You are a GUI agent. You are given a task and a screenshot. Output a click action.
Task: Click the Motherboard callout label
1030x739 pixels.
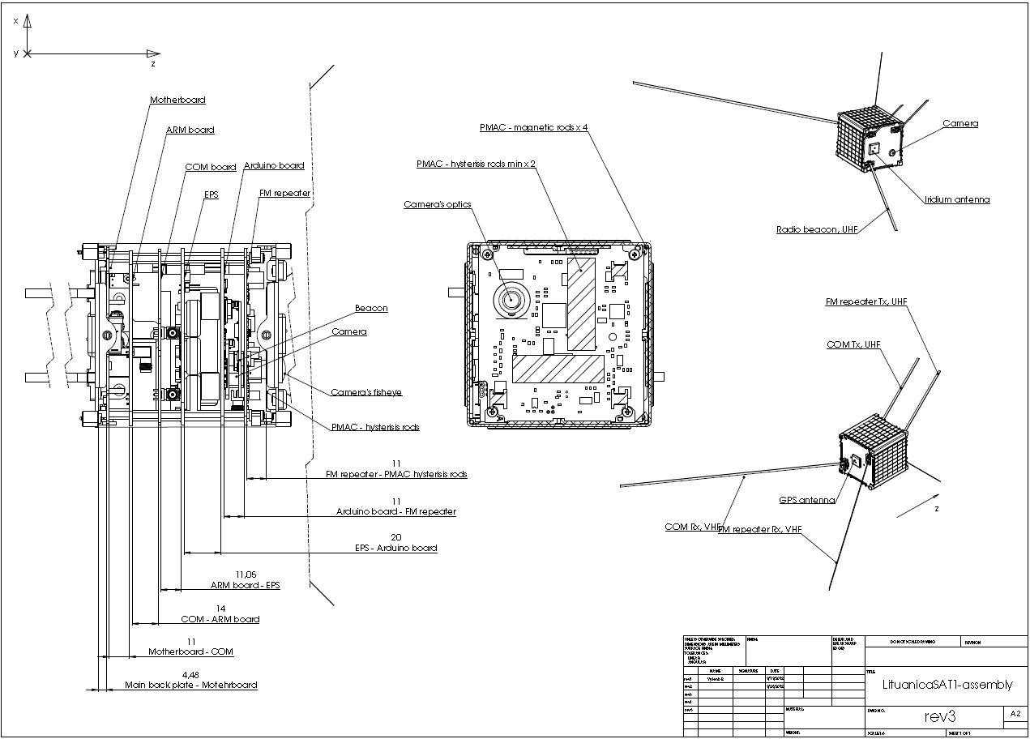[x=177, y=100]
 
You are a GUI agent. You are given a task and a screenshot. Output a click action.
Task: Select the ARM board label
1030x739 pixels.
[x=190, y=130]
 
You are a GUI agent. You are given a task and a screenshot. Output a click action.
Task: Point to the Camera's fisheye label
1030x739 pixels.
[x=366, y=393]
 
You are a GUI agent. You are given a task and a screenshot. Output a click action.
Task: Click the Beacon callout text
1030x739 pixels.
[x=371, y=309]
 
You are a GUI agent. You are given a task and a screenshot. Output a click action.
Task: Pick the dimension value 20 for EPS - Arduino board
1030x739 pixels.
[x=396, y=537]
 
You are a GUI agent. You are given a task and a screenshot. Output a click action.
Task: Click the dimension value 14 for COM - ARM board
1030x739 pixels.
[x=220, y=608]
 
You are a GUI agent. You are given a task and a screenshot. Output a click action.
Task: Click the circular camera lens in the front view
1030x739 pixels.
[x=512, y=301]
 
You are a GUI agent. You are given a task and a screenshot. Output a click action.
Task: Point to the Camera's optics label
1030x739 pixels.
[x=438, y=205]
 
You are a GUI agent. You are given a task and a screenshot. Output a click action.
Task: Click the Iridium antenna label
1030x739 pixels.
[x=957, y=200]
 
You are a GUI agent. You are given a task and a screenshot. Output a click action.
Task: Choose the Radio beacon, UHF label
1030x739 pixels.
[x=817, y=230]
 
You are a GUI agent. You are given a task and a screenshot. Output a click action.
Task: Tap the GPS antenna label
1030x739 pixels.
[x=807, y=501]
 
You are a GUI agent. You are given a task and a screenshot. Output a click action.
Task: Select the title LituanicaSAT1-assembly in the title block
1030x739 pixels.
[x=947, y=685]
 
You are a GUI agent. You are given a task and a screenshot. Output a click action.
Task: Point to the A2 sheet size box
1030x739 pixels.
[x=1015, y=714]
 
